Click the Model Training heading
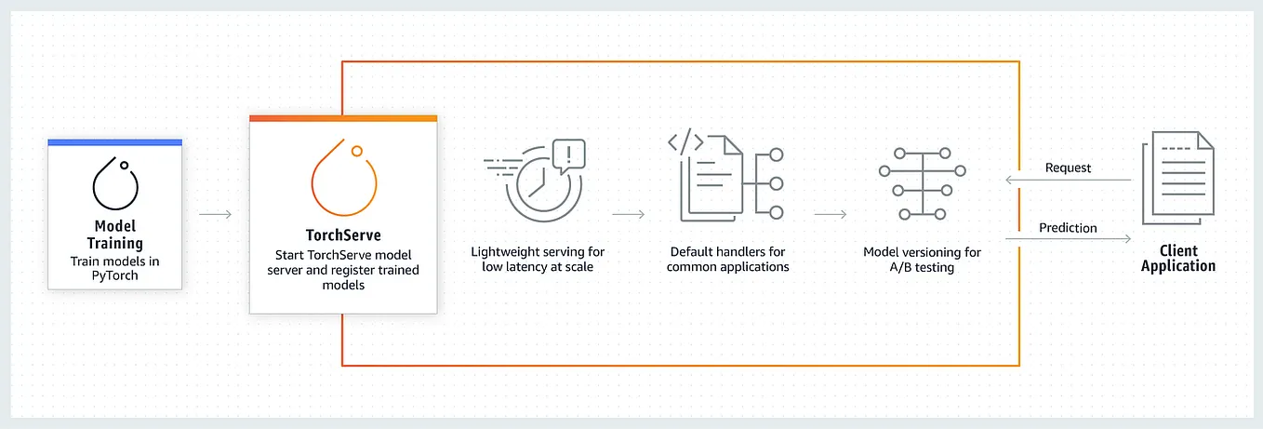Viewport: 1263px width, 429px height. coord(115,235)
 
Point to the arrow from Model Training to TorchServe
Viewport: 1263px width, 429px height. coord(216,215)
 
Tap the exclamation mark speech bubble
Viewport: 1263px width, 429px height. coord(567,154)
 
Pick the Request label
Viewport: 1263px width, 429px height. coord(1068,168)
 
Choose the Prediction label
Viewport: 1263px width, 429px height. coord(1068,227)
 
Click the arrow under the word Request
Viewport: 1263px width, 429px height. coord(1068,181)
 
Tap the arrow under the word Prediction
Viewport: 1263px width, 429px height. coord(1068,240)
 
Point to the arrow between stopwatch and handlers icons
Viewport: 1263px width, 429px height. coord(629,215)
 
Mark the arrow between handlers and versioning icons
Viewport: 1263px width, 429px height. coord(830,215)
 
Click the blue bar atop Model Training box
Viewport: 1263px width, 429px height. coord(115,142)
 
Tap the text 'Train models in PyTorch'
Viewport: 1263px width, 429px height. coord(115,268)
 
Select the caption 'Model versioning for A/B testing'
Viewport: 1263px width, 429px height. coord(922,260)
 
